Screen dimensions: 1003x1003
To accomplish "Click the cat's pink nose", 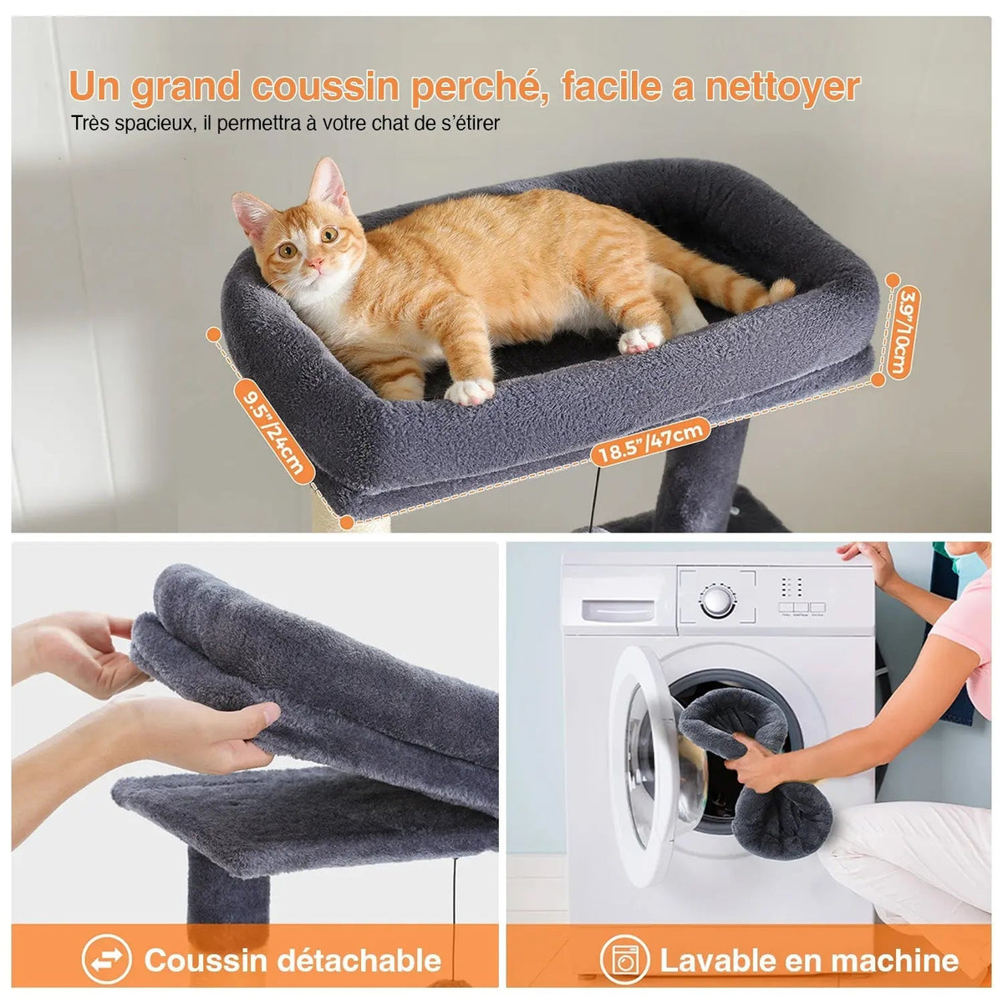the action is tap(315, 263).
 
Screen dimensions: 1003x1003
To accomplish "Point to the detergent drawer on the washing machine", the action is tap(618, 610).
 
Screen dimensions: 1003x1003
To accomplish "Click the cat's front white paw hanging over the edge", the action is tap(470, 391).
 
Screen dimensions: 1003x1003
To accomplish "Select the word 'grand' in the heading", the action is tap(186, 88).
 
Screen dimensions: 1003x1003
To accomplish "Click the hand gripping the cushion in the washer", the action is tap(750, 765).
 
